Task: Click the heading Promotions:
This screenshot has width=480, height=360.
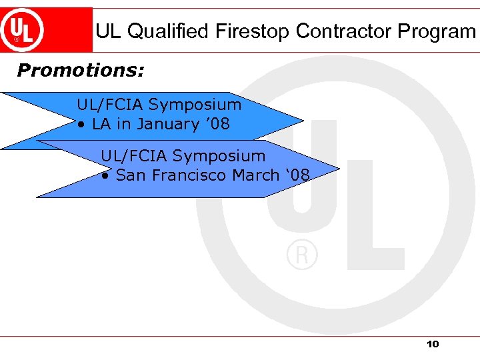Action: pos(81,70)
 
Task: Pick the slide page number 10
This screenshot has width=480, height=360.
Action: pos(433,344)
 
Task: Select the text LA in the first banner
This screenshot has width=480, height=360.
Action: pos(101,124)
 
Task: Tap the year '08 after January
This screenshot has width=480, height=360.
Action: pos(214,124)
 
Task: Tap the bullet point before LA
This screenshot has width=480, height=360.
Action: pos(80,125)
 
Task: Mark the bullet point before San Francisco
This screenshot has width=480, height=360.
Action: pos(105,176)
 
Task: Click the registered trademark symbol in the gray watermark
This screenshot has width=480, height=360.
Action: pos(302,255)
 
